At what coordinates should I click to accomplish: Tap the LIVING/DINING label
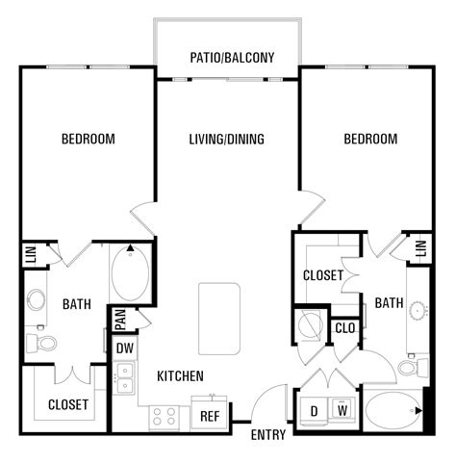point(226,140)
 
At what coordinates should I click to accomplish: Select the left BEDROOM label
point(89,140)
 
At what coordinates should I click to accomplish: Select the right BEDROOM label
point(370,140)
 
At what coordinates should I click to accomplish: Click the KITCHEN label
point(180,374)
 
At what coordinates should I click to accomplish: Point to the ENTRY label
point(267,435)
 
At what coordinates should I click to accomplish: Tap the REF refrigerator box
point(209,416)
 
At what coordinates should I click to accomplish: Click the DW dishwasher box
point(125,348)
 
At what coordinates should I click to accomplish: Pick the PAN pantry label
point(121,315)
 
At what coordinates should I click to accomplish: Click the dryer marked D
point(314,411)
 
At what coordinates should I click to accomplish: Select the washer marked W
point(341,411)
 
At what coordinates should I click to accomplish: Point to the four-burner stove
point(165,417)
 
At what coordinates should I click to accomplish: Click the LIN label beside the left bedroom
point(29,255)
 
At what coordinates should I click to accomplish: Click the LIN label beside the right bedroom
point(420,248)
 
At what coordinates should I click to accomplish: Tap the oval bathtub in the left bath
point(129,273)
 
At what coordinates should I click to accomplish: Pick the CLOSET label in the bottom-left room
point(68,404)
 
